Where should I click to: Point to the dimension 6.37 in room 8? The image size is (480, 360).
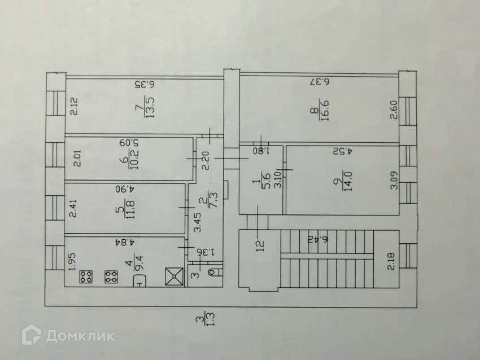[x=319, y=81]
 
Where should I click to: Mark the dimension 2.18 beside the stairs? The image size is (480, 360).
[x=391, y=264]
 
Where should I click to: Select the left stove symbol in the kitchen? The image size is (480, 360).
[x=87, y=277]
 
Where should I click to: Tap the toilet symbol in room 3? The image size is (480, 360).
[x=213, y=274]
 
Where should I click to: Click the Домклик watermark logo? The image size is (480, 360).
[x=68, y=336]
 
